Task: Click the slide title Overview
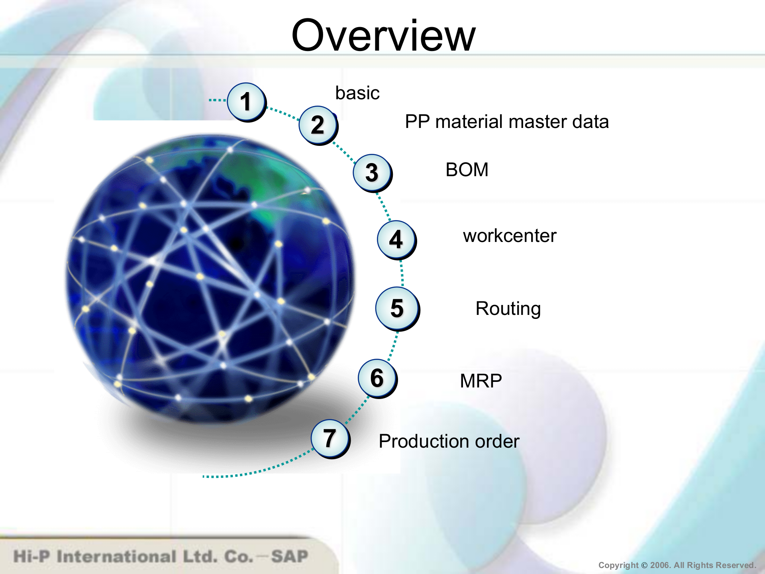383,36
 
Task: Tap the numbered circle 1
246,101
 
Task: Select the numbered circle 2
318,125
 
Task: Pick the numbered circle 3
372,173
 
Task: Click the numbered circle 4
396,239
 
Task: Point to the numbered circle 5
397,308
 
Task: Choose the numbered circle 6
377,378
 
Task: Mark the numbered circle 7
330,438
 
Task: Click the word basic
357,93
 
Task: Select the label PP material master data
507,122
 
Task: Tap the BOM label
467,170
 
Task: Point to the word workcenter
510,236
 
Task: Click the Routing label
508,309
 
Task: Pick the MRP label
481,381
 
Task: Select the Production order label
449,441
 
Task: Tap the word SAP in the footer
290,556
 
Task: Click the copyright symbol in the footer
644,565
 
